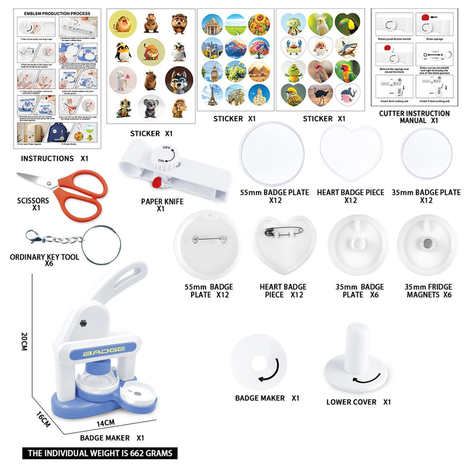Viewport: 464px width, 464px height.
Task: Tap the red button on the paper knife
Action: [157, 182]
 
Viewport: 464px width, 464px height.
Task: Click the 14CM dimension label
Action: [105, 423]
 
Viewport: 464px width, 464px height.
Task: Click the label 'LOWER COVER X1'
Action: [358, 402]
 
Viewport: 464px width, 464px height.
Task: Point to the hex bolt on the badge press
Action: [82, 323]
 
